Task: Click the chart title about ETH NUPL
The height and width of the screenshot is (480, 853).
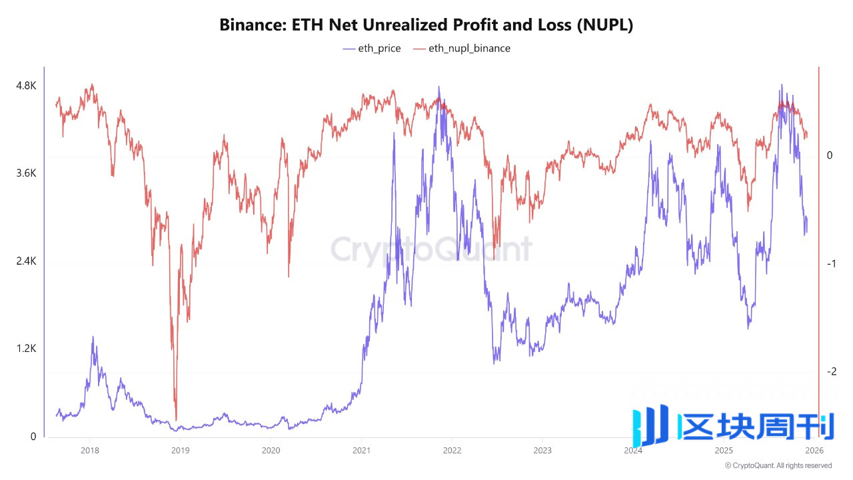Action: point(426,25)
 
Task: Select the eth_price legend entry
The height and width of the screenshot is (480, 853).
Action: point(372,48)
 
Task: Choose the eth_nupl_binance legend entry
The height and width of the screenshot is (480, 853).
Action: point(462,48)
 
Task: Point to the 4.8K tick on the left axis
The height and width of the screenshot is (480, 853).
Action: point(26,86)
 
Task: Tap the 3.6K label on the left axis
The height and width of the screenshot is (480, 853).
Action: point(26,173)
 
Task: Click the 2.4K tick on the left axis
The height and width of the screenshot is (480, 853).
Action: point(26,261)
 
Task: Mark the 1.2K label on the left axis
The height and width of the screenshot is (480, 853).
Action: point(26,349)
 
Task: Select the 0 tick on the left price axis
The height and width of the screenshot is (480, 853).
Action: point(31,437)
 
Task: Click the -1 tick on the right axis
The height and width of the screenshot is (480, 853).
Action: point(830,264)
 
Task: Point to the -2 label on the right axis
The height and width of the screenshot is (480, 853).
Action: point(830,372)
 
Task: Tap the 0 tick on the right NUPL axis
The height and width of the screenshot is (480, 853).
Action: point(830,155)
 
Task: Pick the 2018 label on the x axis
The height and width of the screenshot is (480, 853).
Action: point(89,450)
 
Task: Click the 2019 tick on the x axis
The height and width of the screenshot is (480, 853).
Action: point(180,450)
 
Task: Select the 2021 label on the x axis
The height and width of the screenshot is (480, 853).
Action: point(361,450)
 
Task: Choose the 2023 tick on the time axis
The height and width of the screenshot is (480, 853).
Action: point(542,450)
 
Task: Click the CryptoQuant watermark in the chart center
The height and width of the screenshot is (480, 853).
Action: point(432,250)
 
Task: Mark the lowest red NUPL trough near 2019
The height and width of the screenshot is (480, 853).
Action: point(176,419)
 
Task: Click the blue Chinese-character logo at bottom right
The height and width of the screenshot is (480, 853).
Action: point(733,425)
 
